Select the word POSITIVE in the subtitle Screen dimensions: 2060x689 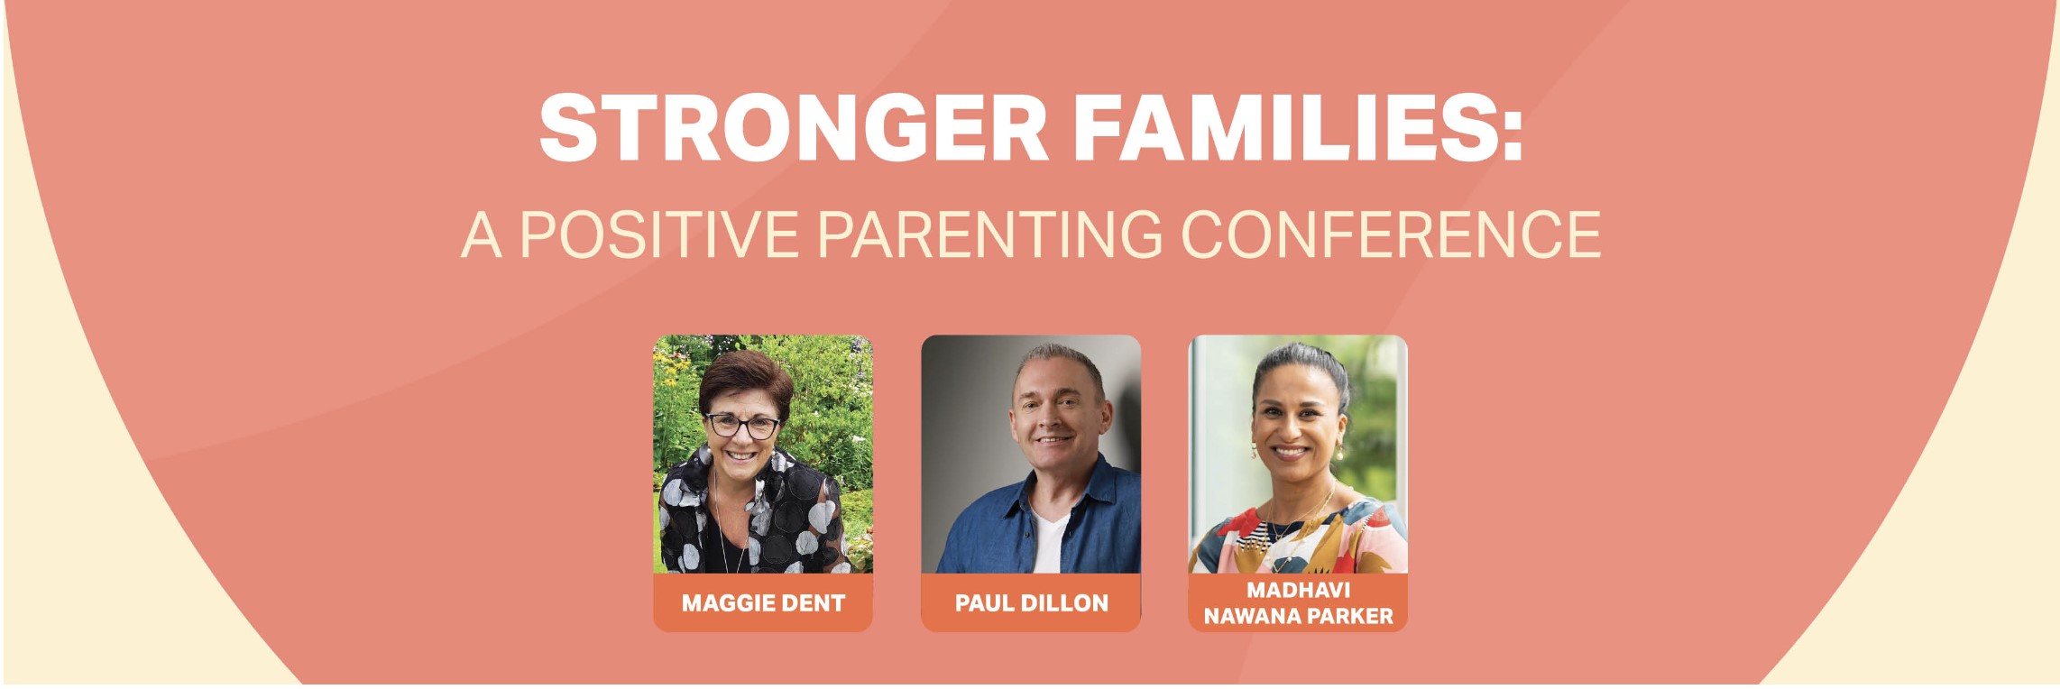pyautogui.click(x=659, y=234)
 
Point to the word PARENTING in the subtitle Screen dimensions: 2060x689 pyautogui.click(x=990, y=234)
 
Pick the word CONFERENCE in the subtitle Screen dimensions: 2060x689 pyautogui.click(x=1391, y=234)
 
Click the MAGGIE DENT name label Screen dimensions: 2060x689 pyautogui.click(x=763, y=602)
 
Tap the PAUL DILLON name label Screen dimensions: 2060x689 pyautogui.click(x=1031, y=602)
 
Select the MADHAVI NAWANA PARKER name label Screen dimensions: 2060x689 pyautogui.click(x=1298, y=602)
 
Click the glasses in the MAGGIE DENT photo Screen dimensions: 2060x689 pyautogui.click(x=742, y=425)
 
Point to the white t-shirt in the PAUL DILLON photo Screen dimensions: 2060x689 pyautogui.click(x=1050, y=541)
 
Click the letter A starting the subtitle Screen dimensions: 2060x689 pyautogui.click(x=482, y=234)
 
